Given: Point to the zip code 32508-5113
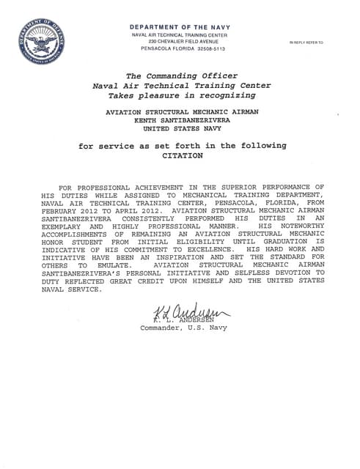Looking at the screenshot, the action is pyautogui.click(x=198, y=49).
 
